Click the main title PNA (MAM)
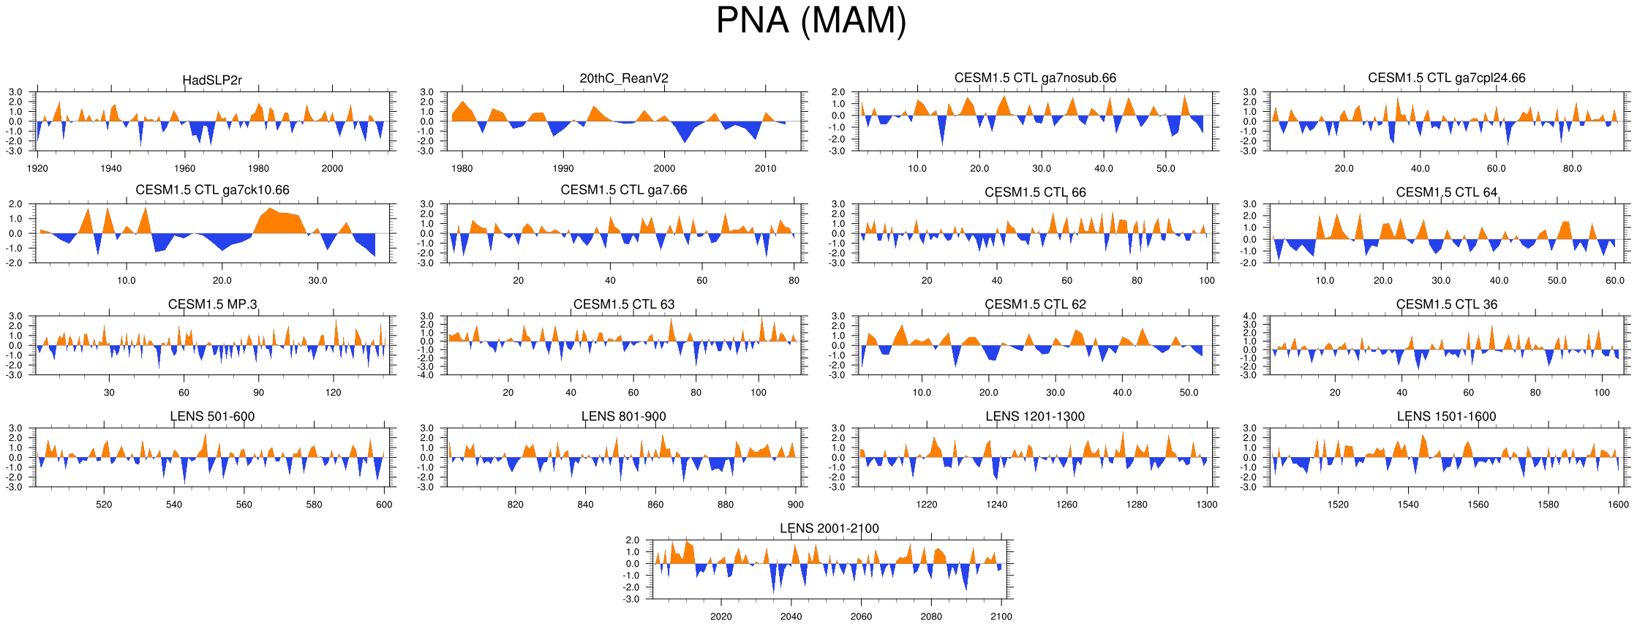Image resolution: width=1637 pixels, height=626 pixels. coord(810,20)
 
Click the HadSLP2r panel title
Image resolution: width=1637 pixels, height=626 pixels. coord(212,80)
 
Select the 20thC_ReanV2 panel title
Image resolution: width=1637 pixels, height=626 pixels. coord(624,78)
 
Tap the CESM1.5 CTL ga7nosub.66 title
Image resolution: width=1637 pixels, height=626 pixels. coord(1035,78)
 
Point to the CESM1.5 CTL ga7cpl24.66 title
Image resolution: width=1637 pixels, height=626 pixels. coord(1446,78)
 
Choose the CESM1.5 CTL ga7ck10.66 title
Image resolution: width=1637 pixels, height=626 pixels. coord(212,190)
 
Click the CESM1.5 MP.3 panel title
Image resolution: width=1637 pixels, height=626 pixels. coord(212,304)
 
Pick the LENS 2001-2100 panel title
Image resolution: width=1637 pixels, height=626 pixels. coord(829,528)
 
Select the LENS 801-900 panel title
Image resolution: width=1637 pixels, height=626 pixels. coord(623,416)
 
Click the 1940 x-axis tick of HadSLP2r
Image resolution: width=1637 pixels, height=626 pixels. coord(111,168)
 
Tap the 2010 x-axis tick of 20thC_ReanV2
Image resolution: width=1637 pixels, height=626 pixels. coord(765,168)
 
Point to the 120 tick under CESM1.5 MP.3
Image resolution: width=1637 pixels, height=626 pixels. coord(334,393)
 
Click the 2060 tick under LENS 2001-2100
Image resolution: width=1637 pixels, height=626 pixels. coord(861,616)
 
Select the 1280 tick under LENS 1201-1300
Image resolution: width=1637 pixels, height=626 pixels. coord(1137,505)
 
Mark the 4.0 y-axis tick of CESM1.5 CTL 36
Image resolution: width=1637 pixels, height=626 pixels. coord(1249,317)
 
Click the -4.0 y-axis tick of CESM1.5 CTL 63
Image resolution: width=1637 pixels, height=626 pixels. coord(426,375)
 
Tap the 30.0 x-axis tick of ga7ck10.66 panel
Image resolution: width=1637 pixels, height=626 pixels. coord(317,280)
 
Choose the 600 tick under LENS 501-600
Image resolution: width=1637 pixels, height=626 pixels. coord(384,505)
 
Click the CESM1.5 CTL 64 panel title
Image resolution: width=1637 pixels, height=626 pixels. coord(1446,192)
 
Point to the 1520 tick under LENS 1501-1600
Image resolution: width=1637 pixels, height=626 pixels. coord(1338,505)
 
